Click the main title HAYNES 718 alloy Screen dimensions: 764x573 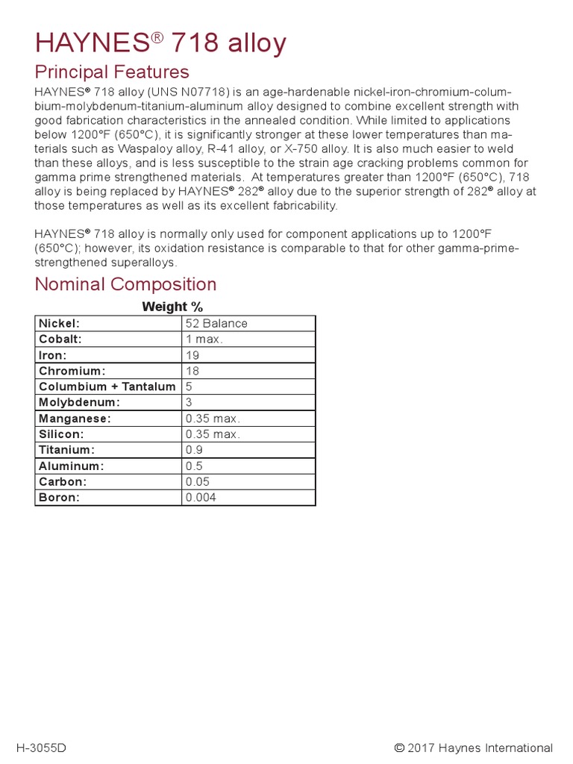160,43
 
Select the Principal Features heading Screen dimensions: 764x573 112,72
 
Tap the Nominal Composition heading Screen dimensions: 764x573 126,284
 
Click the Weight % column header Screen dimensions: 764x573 172,307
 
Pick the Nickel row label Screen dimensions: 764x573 59,323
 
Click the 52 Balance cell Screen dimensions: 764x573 216,323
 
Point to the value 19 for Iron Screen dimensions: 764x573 192,355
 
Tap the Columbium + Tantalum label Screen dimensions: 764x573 107,386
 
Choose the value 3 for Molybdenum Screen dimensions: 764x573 189,402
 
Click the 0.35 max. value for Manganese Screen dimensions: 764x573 213,419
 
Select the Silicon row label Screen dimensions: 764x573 61,434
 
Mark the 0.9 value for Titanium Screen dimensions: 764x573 194,450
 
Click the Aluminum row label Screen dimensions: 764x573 71,466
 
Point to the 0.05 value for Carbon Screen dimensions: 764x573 198,482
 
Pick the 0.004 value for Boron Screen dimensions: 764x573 201,498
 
